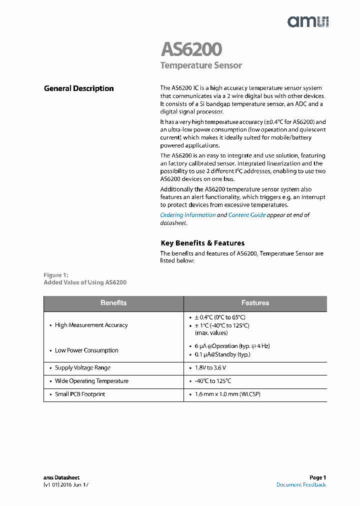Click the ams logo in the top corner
307,21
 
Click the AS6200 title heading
191,49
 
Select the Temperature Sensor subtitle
201,65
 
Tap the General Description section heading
79,88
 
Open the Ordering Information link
187,215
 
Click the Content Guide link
247,215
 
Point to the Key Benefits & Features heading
202,243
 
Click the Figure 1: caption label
56,275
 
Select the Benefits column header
113,303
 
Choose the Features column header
255,303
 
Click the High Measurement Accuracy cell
91,325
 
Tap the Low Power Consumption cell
86,350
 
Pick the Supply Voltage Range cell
82,368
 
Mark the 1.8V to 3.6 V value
210,368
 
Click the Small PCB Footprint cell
80,394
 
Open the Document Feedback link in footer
301,484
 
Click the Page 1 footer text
317,477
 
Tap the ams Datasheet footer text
61,477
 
